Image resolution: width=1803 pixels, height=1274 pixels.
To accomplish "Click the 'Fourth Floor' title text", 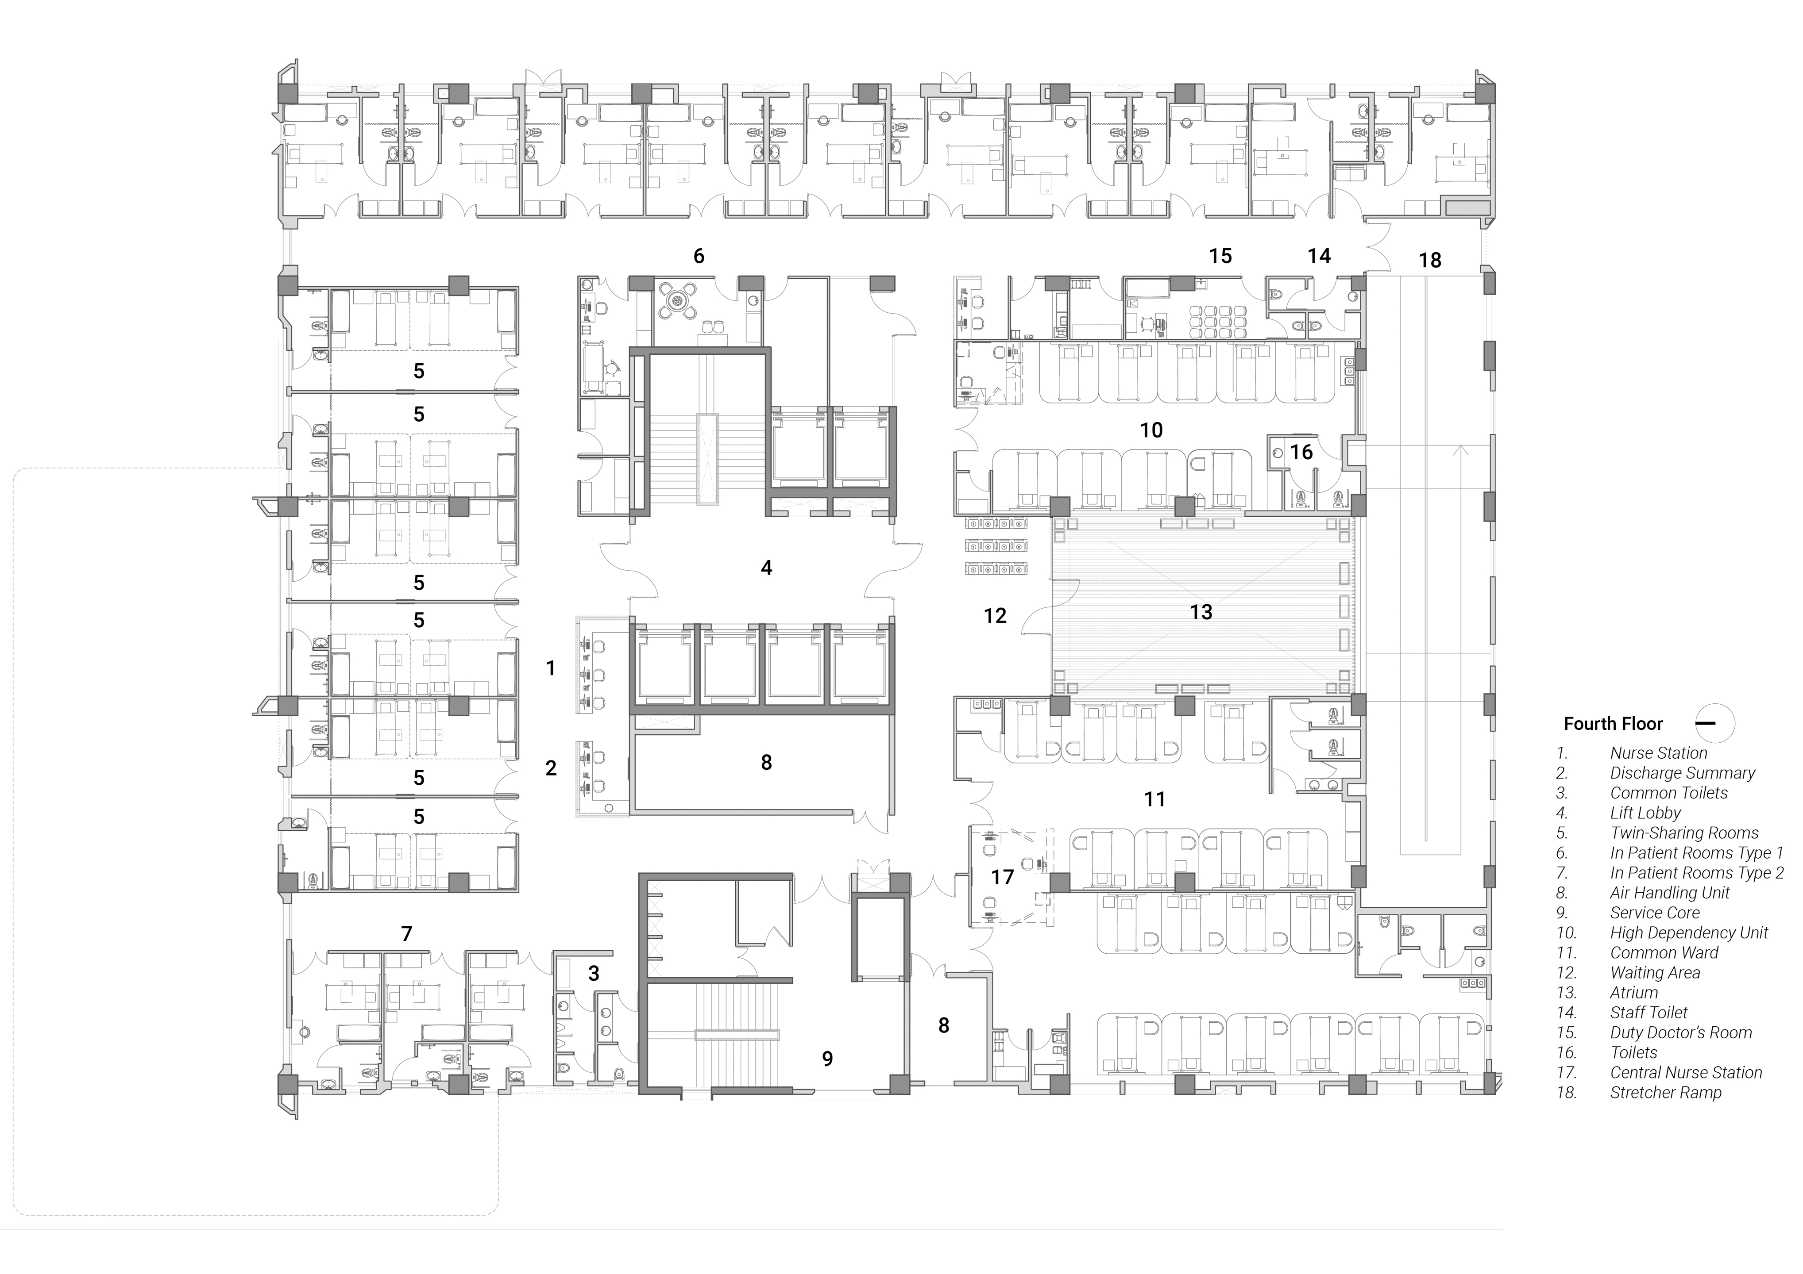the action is pos(1613,724).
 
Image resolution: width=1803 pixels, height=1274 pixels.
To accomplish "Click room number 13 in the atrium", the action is pos(1201,612).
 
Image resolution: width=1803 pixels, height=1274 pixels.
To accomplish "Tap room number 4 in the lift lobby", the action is pos(766,568).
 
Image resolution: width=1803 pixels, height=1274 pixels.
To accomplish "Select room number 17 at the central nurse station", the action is pos(1002,877).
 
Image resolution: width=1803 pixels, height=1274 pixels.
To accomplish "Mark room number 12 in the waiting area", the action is pos(995,615).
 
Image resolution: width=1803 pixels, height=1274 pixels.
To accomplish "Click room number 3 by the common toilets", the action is pos(594,973).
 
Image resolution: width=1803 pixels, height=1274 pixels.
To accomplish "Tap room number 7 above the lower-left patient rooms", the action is pos(406,933).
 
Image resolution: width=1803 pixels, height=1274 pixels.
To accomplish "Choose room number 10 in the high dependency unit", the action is pos(1151,430).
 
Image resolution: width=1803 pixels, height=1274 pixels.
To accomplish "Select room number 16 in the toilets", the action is pos(1301,452).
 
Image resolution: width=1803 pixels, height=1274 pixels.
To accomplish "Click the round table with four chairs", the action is pos(677,301).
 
